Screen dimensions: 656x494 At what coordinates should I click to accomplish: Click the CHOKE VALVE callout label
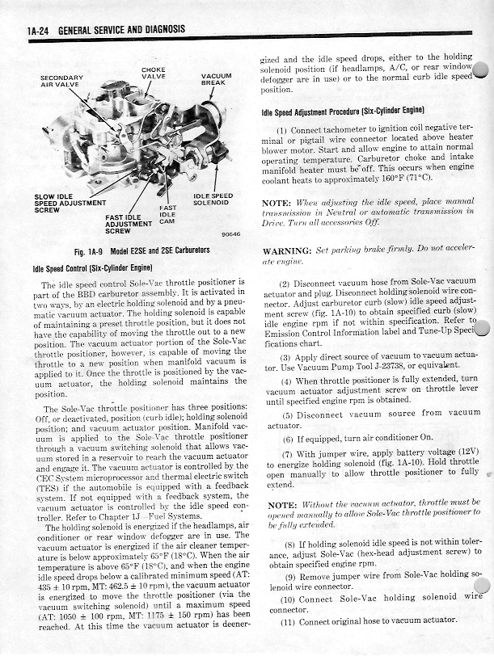(154, 73)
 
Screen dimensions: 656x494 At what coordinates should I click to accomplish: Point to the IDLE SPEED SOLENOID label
(213, 199)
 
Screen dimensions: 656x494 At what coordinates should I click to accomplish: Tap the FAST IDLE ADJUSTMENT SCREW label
(123, 224)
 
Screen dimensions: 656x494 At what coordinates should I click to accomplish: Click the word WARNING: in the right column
(289, 250)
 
